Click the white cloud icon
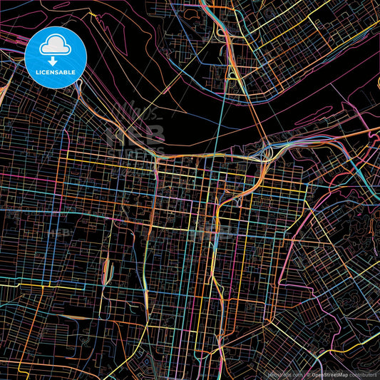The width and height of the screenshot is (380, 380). click(x=56, y=47)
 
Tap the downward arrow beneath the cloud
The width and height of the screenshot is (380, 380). click(x=56, y=62)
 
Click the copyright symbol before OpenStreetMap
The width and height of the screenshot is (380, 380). click(x=308, y=374)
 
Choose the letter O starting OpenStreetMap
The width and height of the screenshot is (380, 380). click(x=313, y=374)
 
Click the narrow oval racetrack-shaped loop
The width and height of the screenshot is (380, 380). click(x=108, y=269)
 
